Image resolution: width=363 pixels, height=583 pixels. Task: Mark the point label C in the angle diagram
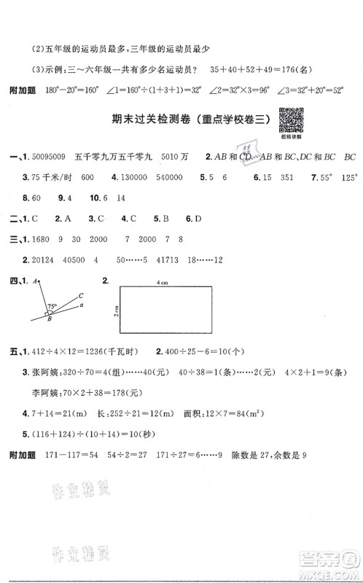pos(80,295)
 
